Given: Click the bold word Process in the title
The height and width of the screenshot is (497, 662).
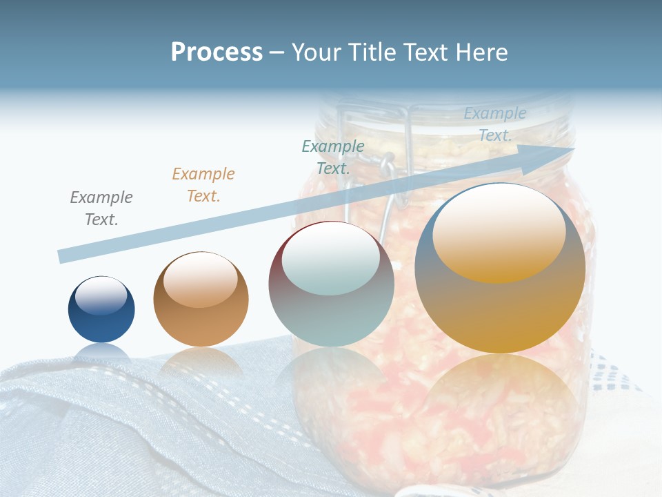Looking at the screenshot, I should pos(217,52).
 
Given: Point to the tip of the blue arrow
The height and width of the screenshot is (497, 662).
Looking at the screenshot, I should pos(571,148).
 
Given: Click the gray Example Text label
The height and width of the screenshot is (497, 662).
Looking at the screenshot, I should pos(101,208).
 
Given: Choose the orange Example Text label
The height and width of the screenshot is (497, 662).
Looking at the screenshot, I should pos(203,185).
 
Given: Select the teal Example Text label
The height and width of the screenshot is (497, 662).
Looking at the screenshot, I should pos(333,157).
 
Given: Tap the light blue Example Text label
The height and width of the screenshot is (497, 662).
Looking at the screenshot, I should pos(495,124).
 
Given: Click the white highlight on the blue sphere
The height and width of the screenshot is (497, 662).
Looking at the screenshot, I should pos(101,295).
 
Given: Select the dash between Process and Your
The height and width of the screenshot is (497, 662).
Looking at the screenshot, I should pos(277,52).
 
